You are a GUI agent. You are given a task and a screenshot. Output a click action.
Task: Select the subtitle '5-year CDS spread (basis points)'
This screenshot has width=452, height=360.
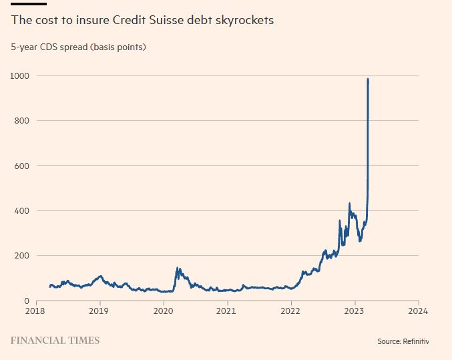(x=78, y=47)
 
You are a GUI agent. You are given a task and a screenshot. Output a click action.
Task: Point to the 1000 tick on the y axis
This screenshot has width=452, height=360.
(x=20, y=75)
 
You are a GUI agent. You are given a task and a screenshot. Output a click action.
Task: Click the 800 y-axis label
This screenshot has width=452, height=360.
(x=22, y=120)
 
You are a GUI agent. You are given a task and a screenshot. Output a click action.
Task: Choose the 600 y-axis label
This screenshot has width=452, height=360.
(x=22, y=166)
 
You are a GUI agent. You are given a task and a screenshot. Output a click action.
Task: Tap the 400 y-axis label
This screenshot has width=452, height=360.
(x=22, y=210)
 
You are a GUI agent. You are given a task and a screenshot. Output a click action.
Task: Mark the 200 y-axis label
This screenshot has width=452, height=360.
(x=22, y=256)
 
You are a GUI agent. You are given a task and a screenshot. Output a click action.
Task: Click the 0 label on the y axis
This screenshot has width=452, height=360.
(x=27, y=301)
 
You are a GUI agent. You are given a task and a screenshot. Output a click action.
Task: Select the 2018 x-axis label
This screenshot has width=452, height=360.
(x=35, y=311)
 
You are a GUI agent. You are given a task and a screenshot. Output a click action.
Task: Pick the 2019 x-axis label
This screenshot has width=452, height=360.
(x=99, y=311)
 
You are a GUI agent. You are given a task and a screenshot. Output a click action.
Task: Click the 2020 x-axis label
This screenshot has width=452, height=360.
(x=164, y=311)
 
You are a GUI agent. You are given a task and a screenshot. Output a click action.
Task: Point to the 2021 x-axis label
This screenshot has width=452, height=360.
(x=227, y=311)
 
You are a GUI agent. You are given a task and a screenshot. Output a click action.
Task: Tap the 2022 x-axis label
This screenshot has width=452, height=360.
(x=291, y=311)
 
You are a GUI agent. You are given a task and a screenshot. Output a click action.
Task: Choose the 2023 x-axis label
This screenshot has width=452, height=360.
(x=355, y=311)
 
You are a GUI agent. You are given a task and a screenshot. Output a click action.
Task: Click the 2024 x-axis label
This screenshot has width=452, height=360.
(x=418, y=311)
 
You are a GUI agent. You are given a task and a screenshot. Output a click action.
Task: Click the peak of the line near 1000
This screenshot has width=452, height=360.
(x=368, y=79)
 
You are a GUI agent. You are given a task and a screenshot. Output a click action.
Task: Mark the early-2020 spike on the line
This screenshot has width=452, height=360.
(x=178, y=268)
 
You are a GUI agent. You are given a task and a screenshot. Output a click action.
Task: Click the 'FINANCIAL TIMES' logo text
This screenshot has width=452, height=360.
(x=55, y=341)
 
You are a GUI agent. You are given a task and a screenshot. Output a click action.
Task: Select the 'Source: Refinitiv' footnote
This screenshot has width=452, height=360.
(x=403, y=341)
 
